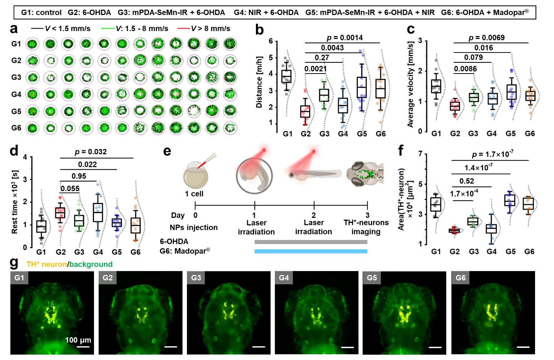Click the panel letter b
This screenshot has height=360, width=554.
point(259,30)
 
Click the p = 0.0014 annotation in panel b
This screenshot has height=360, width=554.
point(345,37)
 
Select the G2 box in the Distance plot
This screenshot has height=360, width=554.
point(305,111)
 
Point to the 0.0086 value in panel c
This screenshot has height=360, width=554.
point(465,69)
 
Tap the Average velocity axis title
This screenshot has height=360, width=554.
point(410,84)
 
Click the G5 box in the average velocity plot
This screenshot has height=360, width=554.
point(511,92)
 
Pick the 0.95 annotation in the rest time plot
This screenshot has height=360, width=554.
point(79,176)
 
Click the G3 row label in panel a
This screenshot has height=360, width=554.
point(16,77)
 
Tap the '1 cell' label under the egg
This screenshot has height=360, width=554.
point(194,194)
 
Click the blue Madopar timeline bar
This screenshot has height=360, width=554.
point(311,251)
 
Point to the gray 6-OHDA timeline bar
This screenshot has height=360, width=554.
point(311,242)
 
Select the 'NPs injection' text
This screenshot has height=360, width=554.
point(193,227)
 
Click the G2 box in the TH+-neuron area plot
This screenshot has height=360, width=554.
point(454,231)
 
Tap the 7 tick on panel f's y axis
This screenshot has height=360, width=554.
point(420,154)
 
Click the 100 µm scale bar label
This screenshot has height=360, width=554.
point(78,340)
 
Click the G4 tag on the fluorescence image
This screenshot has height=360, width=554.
point(284,277)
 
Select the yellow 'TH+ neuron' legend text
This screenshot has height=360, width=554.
point(46,264)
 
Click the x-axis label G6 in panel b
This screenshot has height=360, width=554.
point(381,134)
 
